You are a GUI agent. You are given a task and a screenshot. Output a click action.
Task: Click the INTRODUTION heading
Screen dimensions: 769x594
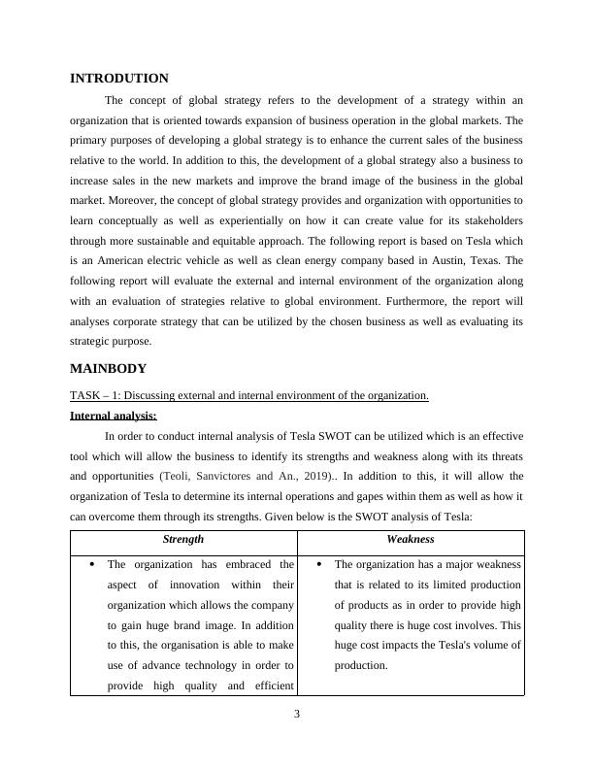coord(119,79)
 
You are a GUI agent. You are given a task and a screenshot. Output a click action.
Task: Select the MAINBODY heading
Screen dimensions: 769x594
coord(109,369)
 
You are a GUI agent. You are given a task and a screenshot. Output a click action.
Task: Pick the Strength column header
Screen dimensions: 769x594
coord(183,539)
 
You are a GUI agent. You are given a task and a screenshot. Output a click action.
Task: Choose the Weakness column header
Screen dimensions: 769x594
coord(411,539)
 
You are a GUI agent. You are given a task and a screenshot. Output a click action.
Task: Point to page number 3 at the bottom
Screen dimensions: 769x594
coord(297,716)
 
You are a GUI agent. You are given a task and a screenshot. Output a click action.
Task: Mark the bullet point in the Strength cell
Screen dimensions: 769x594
coord(90,564)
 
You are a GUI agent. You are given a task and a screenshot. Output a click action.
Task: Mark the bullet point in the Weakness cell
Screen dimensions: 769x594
coord(317,564)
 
